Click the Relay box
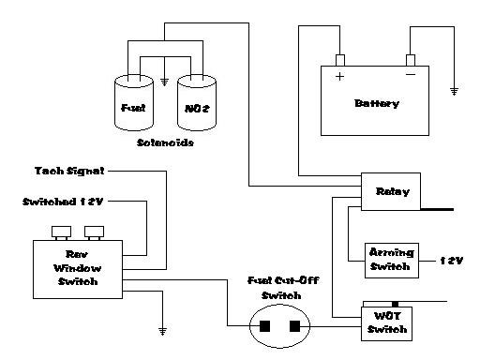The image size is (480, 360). (x=391, y=191)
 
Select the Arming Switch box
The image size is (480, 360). (x=392, y=261)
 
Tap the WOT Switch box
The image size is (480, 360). (x=386, y=323)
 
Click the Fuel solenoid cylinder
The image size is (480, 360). (x=134, y=103)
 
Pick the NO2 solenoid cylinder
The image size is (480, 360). (x=197, y=103)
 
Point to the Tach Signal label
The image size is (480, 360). (x=69, y=171)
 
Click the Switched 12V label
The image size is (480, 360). (x=63, y=202)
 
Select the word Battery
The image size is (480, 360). (x=377, y=103)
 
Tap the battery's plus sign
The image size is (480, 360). (x=339, y=76)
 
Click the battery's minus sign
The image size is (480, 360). (x=411, y=74)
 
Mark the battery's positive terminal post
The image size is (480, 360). (x=340, y=60)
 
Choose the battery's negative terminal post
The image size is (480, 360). (x=411, y=60)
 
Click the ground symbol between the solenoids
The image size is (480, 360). (x=164, y=82)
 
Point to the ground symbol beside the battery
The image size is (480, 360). (x=454, y=91)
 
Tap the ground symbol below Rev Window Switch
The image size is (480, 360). (x=162, y=331)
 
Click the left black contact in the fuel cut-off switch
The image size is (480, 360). (x=264, y=326)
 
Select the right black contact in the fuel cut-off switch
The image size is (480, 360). (x=294, y=326)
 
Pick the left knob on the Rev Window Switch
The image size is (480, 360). (x=61, y=232)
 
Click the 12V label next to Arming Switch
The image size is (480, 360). (x=451, y=261)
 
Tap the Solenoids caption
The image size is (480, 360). (x=165, y=142)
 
